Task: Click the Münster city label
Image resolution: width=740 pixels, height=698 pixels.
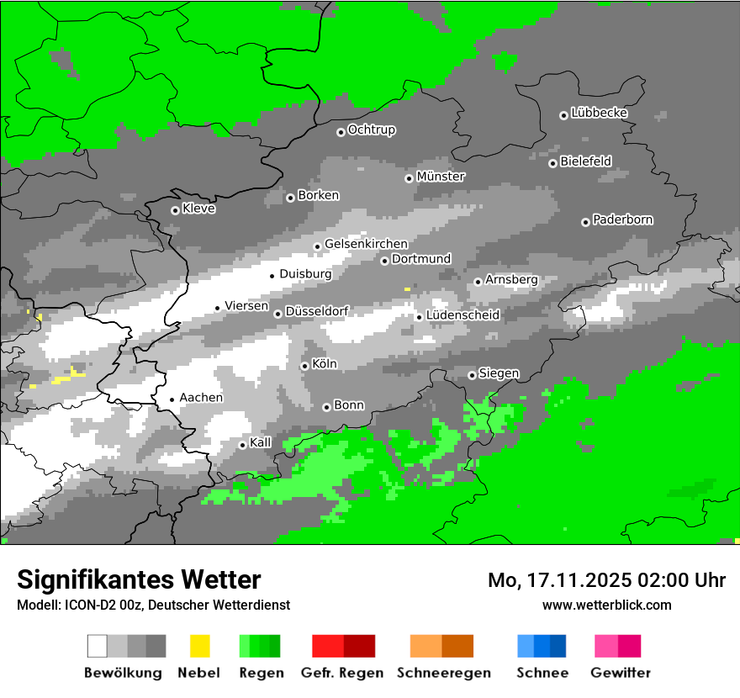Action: coord(441,177)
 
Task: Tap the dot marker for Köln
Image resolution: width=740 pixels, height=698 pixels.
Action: coord(304,366)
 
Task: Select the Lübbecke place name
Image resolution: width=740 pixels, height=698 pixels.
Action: coord(599,113)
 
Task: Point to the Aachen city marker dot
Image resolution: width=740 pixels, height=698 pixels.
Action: coord(172,399)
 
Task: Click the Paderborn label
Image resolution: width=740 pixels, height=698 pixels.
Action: coord(622,219)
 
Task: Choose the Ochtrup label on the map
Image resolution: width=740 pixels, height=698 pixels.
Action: coord(371,130)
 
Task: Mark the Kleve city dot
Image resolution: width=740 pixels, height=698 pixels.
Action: coord(175,210)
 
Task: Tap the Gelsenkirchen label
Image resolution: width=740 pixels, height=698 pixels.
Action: coord(366,244)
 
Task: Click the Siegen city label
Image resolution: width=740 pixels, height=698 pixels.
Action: coord(499,373)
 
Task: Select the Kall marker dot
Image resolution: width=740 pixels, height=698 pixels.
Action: coord(242,445)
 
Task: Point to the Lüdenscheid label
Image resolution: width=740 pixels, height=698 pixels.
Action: coord(462,315)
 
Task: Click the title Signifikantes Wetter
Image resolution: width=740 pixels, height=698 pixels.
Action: coord(139,579)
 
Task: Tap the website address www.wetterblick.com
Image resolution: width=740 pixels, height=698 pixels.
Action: coord(606,605)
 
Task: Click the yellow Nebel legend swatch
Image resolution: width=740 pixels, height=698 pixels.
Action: coord(199,646)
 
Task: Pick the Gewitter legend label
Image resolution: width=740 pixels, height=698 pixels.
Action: coord(620,673)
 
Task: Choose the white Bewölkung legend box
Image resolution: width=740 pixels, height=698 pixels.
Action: coord(98,646)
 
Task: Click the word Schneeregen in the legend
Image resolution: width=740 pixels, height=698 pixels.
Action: coord(442,673)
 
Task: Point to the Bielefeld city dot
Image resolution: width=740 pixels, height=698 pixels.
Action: coord(552,163)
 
